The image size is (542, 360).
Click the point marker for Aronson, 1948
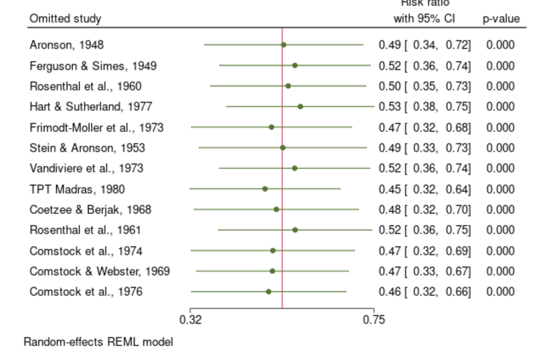point(284,45)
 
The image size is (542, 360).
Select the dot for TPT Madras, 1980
point(265,189)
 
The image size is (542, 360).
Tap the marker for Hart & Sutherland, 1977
point(300,106)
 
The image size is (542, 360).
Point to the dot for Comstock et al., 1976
point(268,291)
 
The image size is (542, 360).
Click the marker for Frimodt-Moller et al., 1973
point(271,127)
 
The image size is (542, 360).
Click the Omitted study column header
point(65,19)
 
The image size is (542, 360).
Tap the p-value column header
point(501,19)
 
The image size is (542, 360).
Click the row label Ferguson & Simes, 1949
point(93,66)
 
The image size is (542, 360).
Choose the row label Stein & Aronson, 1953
point(87,148)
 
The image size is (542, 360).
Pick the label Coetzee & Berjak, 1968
point(90,209)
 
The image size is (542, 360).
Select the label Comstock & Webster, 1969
point(100,271)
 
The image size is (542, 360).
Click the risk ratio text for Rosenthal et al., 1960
point(425,86)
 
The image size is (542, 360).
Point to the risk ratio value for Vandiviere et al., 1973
point(425,168)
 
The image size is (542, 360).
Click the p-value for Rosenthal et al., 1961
point(500,230)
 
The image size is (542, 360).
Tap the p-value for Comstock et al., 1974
point(500,251)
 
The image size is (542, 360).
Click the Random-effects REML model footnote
point(98,342)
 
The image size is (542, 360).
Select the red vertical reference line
point(282,176)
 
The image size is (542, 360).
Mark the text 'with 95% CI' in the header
point(424,19)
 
